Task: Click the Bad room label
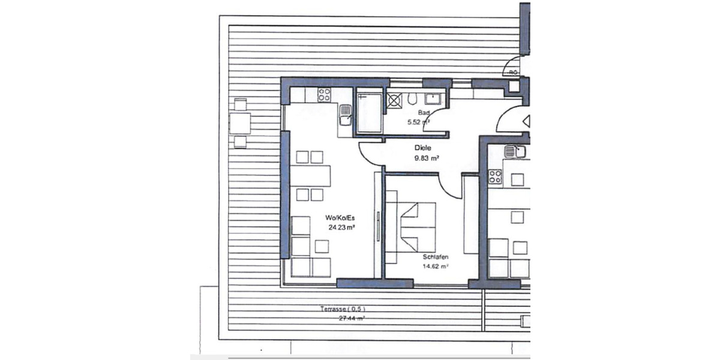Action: coord(423,113)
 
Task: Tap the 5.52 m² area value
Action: coord(419,122)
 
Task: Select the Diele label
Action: coord(423,148)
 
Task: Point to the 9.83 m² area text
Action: coord(427,158)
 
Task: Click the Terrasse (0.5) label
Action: coord(342,310)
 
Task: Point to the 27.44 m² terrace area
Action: coord(352,319)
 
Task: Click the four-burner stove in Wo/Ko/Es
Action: coord(324,95)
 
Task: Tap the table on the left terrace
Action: coord(240,123)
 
